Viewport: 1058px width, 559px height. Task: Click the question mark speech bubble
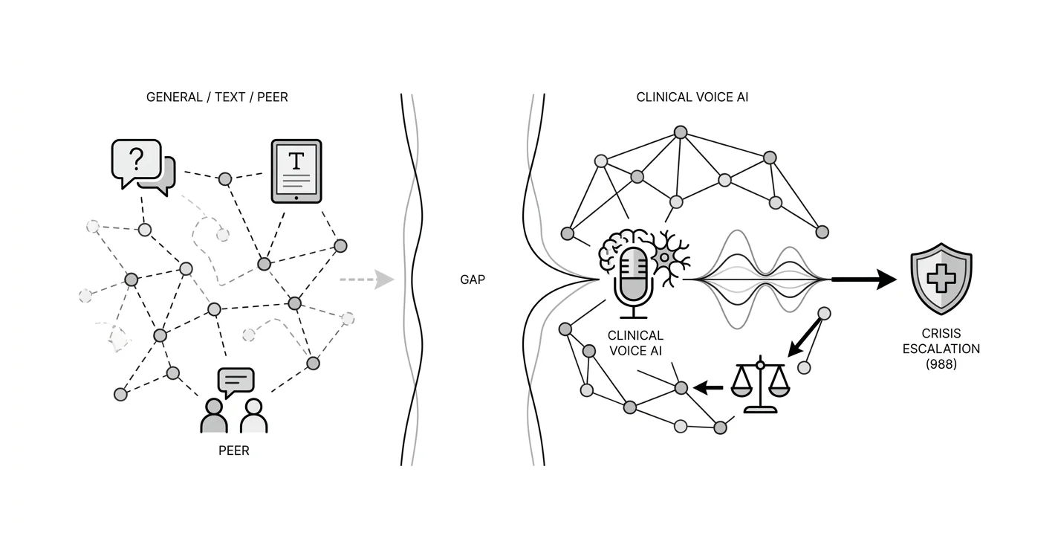[136, 163]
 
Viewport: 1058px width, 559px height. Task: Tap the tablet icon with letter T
[296, 171]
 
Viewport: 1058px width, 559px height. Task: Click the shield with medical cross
[941, 278]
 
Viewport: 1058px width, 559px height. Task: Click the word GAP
[473, 279]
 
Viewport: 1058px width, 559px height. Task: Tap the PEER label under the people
[234, 450]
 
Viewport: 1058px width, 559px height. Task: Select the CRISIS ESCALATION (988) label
[941, 349]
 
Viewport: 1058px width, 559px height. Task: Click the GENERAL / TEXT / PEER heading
[217, 97]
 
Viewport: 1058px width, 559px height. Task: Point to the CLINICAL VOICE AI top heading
[692, 97]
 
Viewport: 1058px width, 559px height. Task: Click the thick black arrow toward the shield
[864, 279]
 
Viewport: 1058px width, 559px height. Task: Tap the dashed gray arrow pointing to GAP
[367, 279]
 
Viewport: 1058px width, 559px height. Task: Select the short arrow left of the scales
[708, 388]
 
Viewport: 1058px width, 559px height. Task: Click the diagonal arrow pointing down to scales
[805, 337]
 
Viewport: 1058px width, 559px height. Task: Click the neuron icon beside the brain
[669, 258]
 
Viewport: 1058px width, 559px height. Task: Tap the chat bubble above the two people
[236, 382]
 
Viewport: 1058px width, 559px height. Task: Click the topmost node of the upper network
[680, 132]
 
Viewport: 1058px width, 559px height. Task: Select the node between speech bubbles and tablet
[225, 179]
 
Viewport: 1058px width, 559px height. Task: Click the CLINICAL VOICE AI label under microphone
[635, 343]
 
